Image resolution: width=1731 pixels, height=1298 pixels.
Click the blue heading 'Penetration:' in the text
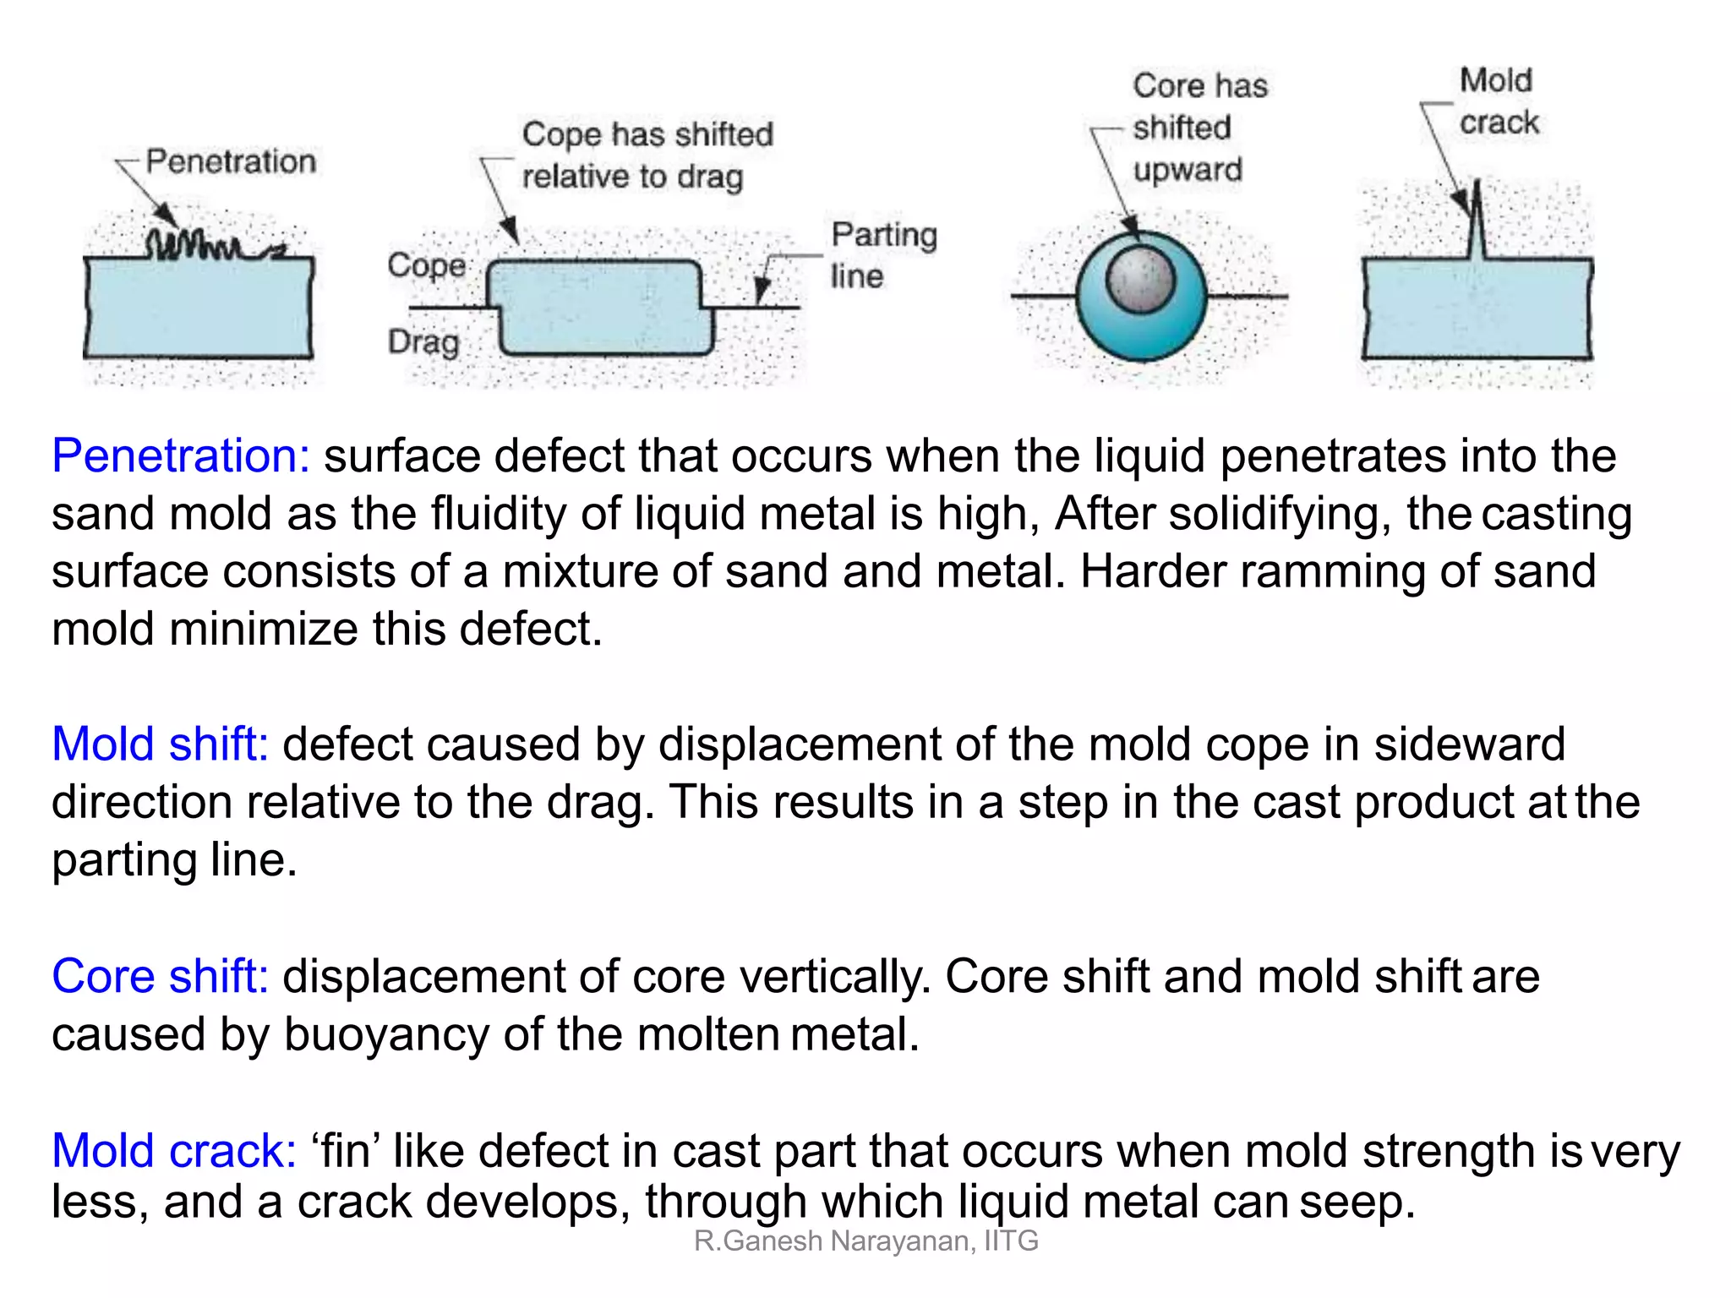point(180,456)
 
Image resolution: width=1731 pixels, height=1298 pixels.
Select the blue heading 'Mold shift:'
point(160,744)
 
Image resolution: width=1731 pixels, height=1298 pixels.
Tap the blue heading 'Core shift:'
point(160,976)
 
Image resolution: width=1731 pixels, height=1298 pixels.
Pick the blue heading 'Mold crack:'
point(174,1151)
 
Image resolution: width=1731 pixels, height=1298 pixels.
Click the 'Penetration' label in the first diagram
point(231,161)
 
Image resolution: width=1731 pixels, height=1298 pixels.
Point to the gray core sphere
point(1141,279)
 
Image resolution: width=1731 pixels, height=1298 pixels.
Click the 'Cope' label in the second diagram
point(426,265)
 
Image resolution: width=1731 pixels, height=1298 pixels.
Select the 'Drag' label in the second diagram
point(423,342)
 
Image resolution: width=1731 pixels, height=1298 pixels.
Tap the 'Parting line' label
point(882,254)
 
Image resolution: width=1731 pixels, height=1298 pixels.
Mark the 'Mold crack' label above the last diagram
point(1498,101)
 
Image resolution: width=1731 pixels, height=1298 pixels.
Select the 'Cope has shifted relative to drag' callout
point(647,155)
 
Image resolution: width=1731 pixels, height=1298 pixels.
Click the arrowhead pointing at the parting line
point(762,292)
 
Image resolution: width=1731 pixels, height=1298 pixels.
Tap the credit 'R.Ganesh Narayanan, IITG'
point(865,1241)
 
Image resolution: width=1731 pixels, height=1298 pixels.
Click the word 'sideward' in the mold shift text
point(1469,744)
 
